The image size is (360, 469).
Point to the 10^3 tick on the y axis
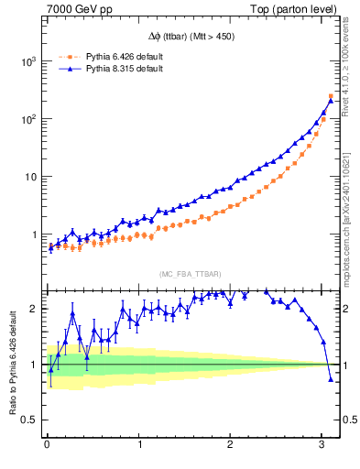coord(28,61)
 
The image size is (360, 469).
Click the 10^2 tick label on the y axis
coord(28,119)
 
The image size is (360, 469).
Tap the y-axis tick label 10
coord(30,177)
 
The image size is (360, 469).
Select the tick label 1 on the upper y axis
coord(35,234)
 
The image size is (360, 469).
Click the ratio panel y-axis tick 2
coord(35,308)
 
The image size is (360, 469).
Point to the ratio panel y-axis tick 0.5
coord(30,420)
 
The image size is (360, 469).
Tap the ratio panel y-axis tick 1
coord(35,365)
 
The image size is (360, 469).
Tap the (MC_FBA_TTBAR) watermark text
coord(190,274)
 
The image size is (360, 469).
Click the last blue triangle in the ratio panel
coord(331,378)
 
